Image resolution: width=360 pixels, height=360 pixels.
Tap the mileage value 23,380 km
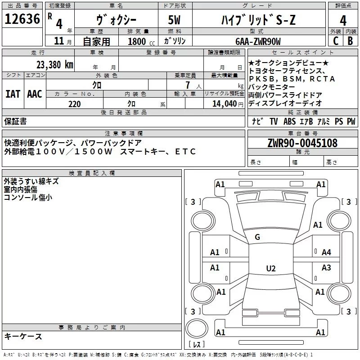pos(54,64)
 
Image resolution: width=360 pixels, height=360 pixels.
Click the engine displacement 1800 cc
pos(137,41)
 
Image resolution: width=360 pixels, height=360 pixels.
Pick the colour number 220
pos(75,104)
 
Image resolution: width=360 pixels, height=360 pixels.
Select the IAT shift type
pos(13,94)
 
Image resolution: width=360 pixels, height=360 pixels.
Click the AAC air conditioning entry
pos(34,94)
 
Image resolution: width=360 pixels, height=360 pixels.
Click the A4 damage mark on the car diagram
pos(326,252)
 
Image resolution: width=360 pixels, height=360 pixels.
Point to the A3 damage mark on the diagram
pos(326,268)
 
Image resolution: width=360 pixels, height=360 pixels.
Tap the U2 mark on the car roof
pos(270,269)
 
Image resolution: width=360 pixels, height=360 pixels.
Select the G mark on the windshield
pos(257,237)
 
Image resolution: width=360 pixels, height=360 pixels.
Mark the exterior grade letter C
pos(335,41)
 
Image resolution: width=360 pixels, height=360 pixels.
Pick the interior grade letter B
pos(350,41)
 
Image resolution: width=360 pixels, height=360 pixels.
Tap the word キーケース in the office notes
pos(23,336)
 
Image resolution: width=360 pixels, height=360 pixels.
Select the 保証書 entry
pos(15,121)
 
